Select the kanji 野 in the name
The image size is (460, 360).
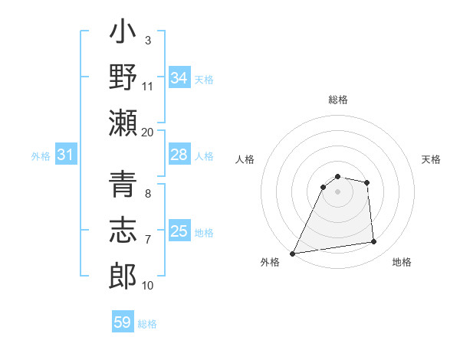click(x=123, y=77)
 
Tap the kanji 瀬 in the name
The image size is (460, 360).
click(x=123, y=123)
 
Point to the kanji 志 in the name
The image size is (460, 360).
click(x=123, y=231)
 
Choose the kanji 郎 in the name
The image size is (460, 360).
click(x=123, y=277)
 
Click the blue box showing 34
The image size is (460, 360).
click(x=179, y=78)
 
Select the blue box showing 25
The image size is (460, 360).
click(x=179, y=231)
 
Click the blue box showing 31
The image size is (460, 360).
click(x=66, y=155)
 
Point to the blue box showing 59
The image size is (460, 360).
click(x=123, y=322)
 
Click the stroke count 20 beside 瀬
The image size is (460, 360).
click(x=147, y=132)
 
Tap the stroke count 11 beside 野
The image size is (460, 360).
click(x=147, y=87)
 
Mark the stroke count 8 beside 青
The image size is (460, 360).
click(x=148, y=195)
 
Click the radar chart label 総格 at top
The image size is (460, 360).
click(x=338, y=100)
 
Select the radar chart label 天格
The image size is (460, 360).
click(x=431, y=159)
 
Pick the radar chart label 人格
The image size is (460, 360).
click(x=245, y=159)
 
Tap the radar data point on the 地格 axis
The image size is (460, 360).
click(x=374, y=242)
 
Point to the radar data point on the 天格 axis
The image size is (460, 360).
click(x=367, y=182)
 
